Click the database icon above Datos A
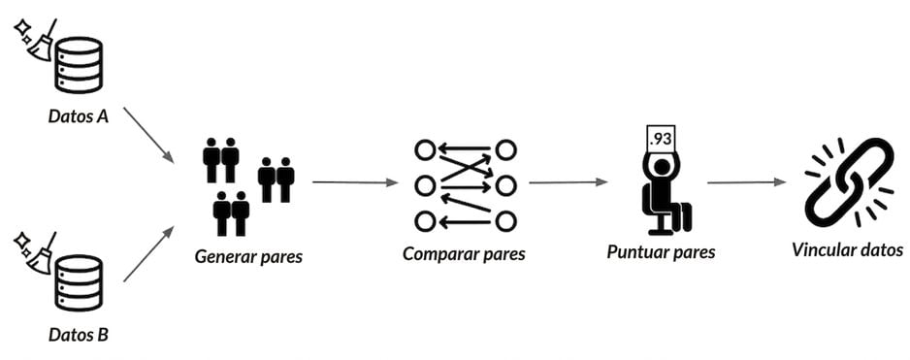[x=79, y=64]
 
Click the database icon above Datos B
[x=79, y=282]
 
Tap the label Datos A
[x=78, y=116]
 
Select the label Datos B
[x=78, y=335]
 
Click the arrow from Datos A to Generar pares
[x=148, y=134]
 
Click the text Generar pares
[x=248, y=256]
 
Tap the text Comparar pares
[x=464, y=254]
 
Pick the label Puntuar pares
[x=661, y=253]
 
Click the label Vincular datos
[x=847, y=250]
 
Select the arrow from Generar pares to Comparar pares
[x=355, y=182]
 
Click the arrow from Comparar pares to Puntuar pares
[x=569, y=182]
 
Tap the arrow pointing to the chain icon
[x=746, y=182]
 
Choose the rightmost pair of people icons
[x=276, y=180]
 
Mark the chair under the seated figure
[x=667, y=211]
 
